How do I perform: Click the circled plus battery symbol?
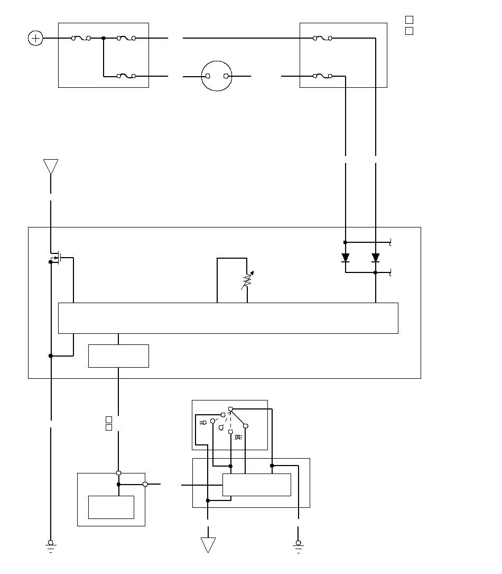(35, 38)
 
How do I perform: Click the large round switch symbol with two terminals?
(217, 76)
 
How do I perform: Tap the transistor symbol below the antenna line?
(59, 258)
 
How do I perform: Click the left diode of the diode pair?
(346, 258)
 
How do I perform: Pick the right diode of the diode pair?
(376, 258)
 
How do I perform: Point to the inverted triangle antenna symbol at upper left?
(51, 167)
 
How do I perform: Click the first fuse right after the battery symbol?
(81, 38)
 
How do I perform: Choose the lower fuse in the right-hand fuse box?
(322, 76)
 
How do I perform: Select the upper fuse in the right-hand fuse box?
(322, 38)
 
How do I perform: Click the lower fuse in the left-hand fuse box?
(126, 76)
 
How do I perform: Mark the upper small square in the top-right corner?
(408, 20)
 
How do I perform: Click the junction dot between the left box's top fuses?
(104, 38)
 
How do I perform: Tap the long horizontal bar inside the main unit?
(228, 318)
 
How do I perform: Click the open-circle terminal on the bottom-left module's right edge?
(145, 484)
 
